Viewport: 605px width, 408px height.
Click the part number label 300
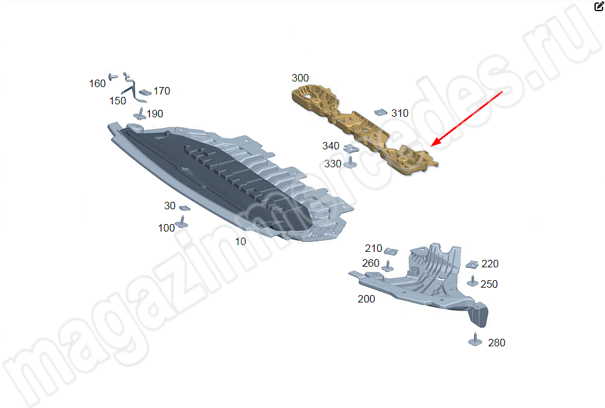pyautogui.click(x=300, y=78)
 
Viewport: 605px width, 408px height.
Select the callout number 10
pyautogui.click(x=240, y=241)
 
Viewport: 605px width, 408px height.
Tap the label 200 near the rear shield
pyautogui.click(x=366, y=299)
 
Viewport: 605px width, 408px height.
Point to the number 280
pyautogui.click(x=496, y=343)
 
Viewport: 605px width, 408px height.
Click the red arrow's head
pyautogui.click(x=435, y=143)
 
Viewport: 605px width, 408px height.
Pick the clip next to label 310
pyautogui.click(x=380, y=112)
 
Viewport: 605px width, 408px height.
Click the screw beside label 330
pyautogui.click(x=350, y=162)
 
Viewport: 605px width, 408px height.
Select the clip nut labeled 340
pyautogui.click(x=351, y=148)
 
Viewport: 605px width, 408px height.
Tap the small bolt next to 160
pyautogui.click(x=112, y=77)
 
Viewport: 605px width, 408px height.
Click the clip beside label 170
pyautogui.click(x=145, y=92)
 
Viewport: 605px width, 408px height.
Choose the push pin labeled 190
pyautogui.click(x=140, y=114)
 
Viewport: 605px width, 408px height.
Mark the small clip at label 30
pyautogui.click(x=185, y=208)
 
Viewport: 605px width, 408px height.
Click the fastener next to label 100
pyautogui.click(x=181, y=222)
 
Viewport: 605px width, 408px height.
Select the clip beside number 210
pyautogui.click(x=391, y=251)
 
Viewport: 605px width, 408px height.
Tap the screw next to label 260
pyautogui.click(x=388, y=267)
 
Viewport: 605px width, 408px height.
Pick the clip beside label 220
pyautogui.click(x=472, y=265)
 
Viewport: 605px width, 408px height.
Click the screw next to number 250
pyautogui.click(x=473, y=281)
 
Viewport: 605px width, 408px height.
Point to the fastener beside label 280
pyautogui.click(x=475, y=339)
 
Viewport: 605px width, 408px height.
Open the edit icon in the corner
pyautogui.click(x=599, y=6)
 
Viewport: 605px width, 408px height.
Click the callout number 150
pyautogui.click(x=118, y=101)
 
